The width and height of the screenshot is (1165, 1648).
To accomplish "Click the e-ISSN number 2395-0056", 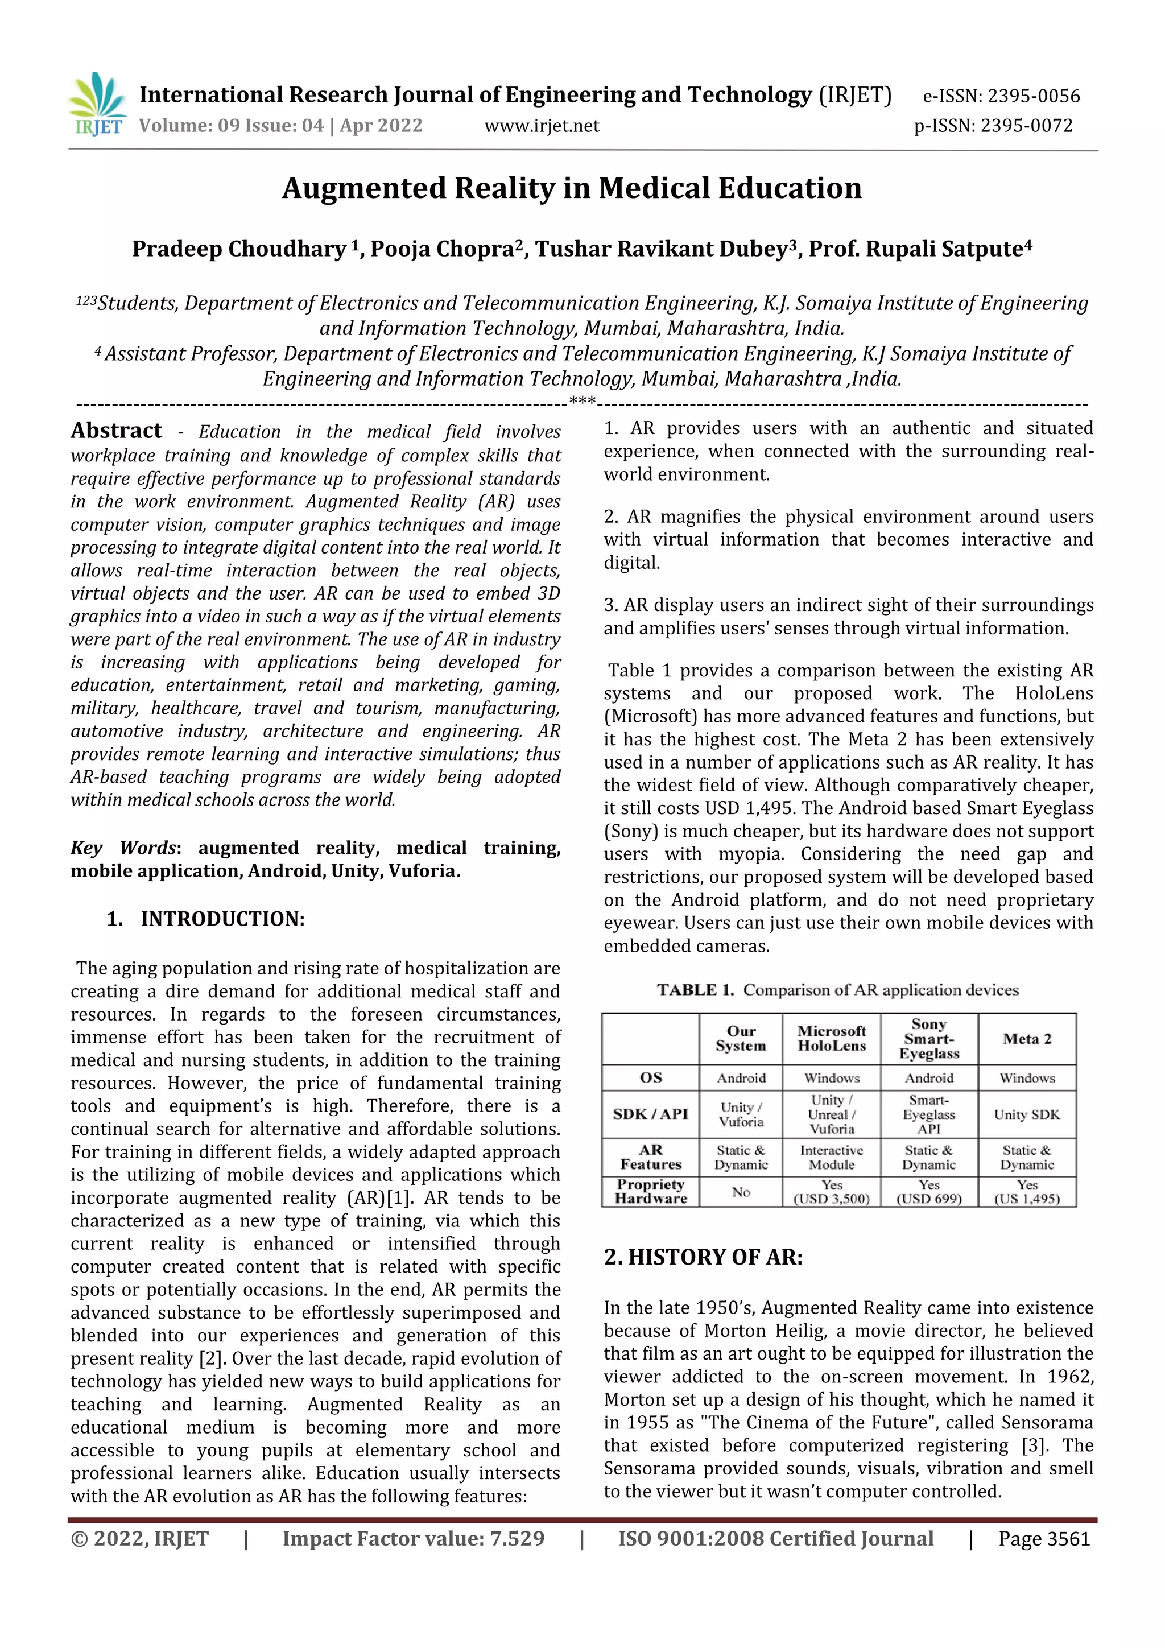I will pyautogui.click(x=1033, y=96).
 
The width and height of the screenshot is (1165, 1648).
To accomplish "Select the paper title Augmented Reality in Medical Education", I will pyautogui.click(x=571, y=188).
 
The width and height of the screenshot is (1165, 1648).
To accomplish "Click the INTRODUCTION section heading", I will pyautogui.click(x=222, y=919).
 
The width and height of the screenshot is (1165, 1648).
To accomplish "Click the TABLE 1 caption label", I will pyautogui.click(x=695, y=990).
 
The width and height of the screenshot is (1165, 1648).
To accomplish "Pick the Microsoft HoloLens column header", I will pyautogui.click(x=831, y=1039).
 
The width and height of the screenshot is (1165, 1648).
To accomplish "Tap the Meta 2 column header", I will pyautogui.click(x=1026, y=1039).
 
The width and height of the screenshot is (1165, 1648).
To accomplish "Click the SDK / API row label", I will pyautogui.click(x=650, y=1114).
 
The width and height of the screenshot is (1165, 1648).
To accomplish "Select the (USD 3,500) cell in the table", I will pyautogui.click(x=831, y=1199).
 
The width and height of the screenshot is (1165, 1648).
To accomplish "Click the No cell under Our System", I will pyautogui.click(x=741, y=1192).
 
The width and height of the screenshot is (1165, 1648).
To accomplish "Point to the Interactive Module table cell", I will pyautogui.click(x=831, y=1157).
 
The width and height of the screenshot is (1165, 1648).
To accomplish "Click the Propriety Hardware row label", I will pyautogui.click(x=650, y=1192).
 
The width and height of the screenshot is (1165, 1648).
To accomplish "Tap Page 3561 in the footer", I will pyautogui.click(x=1044, y=1539).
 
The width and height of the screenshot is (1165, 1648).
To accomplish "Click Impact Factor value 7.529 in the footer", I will pyautogui.click(x=414, y=1539).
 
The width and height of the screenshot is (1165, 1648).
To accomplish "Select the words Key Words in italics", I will pyautogui.click(x=123, y=848).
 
